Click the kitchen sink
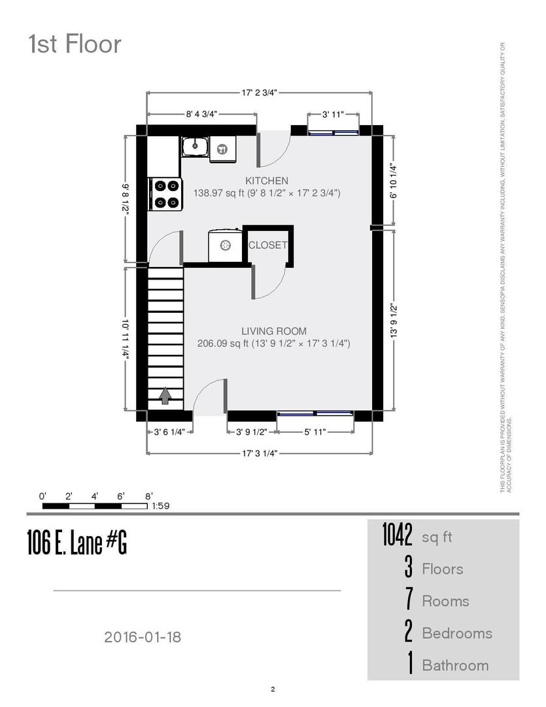[195, 146]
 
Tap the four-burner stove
[165, 194]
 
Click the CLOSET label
[268, 245]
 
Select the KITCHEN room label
[267, 181]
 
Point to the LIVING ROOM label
[274, 331]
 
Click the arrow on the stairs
[165, 395]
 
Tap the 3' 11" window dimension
[333, 115]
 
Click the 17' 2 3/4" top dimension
[259, 93]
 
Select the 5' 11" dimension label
[315, 432]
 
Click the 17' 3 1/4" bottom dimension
[260, 453]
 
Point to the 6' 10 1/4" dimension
[394, 181]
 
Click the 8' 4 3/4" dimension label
[202, 114]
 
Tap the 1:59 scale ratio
[160, 506]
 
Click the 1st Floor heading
[75, 45]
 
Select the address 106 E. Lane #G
[77, 542]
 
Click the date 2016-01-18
[143, 637]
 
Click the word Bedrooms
[457, 633]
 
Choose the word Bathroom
[455, 666]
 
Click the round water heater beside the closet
[225, 245]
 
